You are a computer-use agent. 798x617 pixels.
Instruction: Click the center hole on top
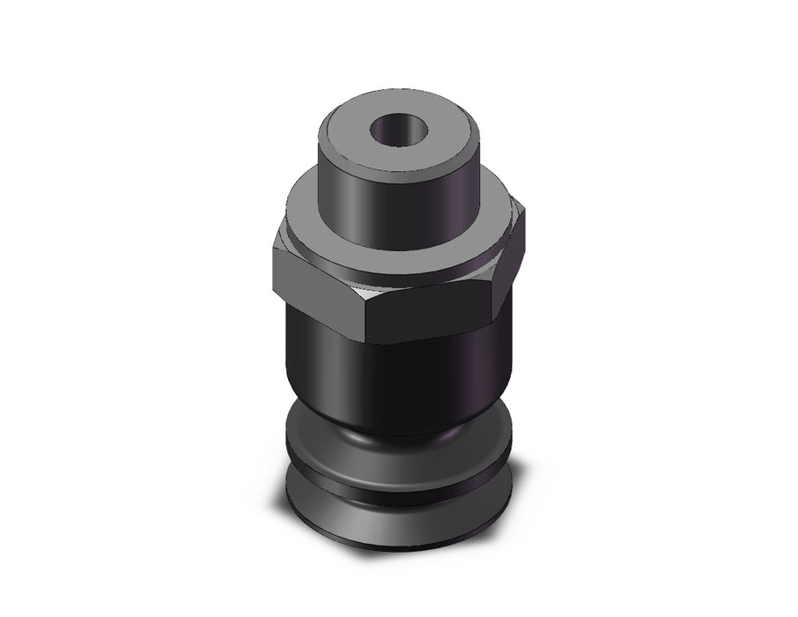[399, 131]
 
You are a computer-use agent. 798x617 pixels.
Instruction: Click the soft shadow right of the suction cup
[528, 502]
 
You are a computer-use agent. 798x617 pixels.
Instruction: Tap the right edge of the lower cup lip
[509, 502]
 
